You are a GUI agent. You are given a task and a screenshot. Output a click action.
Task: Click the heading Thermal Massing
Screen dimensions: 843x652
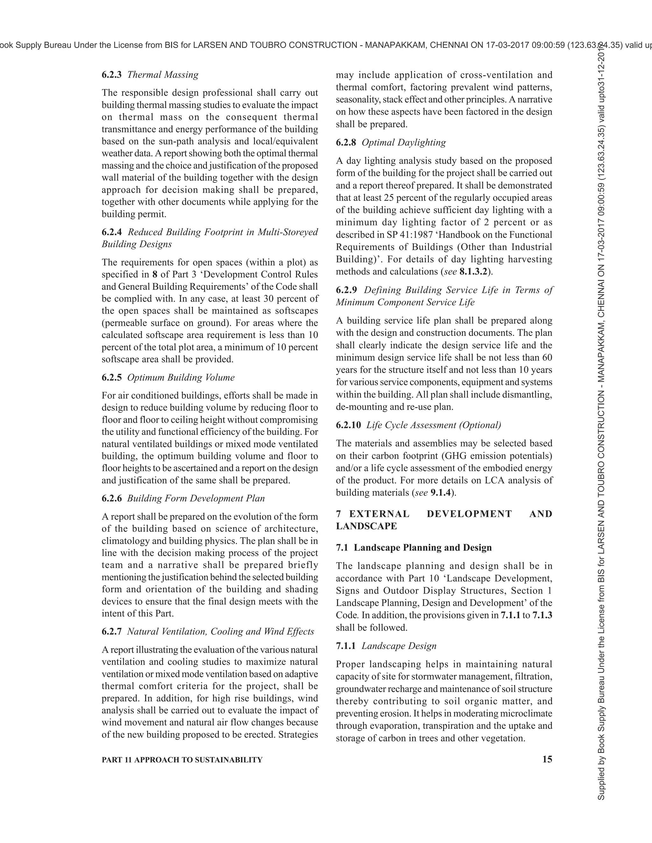(163, 75)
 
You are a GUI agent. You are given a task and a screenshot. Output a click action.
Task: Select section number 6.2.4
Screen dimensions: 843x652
(112, 232)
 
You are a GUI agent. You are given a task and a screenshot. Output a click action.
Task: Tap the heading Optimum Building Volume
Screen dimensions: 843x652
(181, 378)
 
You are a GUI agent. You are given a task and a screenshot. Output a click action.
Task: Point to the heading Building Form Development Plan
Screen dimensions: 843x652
(196, 498)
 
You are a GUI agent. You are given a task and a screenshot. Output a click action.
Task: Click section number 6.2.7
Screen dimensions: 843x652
(112, 631)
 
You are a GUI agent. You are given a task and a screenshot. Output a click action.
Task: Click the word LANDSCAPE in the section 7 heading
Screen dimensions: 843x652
(366, 526)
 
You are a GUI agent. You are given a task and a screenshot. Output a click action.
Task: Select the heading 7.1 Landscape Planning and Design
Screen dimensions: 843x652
(414, 547)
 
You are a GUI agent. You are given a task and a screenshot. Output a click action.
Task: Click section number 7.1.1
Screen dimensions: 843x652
(346, 646)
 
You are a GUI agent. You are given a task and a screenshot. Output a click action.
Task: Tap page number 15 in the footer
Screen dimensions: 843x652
(547, 759)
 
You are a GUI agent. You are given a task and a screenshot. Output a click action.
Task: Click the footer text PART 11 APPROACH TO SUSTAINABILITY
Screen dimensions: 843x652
(182, 760)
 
